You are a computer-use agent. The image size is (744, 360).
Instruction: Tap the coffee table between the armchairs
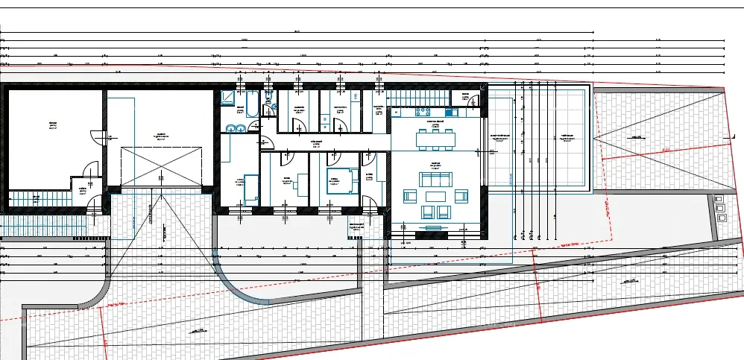coord(434,196)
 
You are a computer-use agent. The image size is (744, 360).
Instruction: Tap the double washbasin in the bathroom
coord(236,127)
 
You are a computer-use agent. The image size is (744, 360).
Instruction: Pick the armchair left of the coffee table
coord(409,196)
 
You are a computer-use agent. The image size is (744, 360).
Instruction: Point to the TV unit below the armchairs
coord(433,226)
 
